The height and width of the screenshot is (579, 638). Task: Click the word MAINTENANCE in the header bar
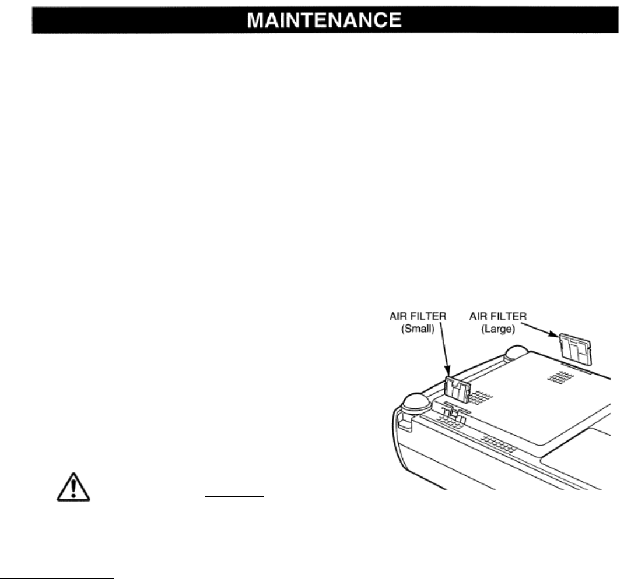click(x=324, y=20)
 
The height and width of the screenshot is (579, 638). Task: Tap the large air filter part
click(x=573, y=348)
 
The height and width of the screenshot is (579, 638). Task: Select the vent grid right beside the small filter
click(x=482, y=398)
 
